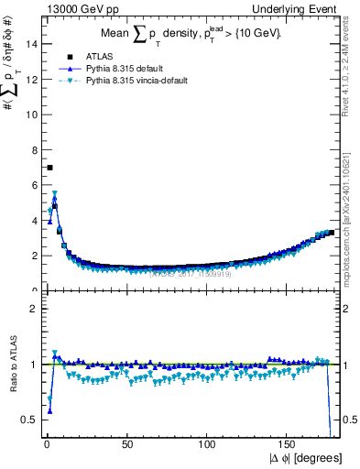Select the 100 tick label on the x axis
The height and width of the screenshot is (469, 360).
(207, 444)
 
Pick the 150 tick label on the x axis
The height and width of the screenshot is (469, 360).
(288, 444)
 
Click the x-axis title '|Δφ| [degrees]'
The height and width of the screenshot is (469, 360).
(307, 458)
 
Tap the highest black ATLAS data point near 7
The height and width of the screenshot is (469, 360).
(49, 168)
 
